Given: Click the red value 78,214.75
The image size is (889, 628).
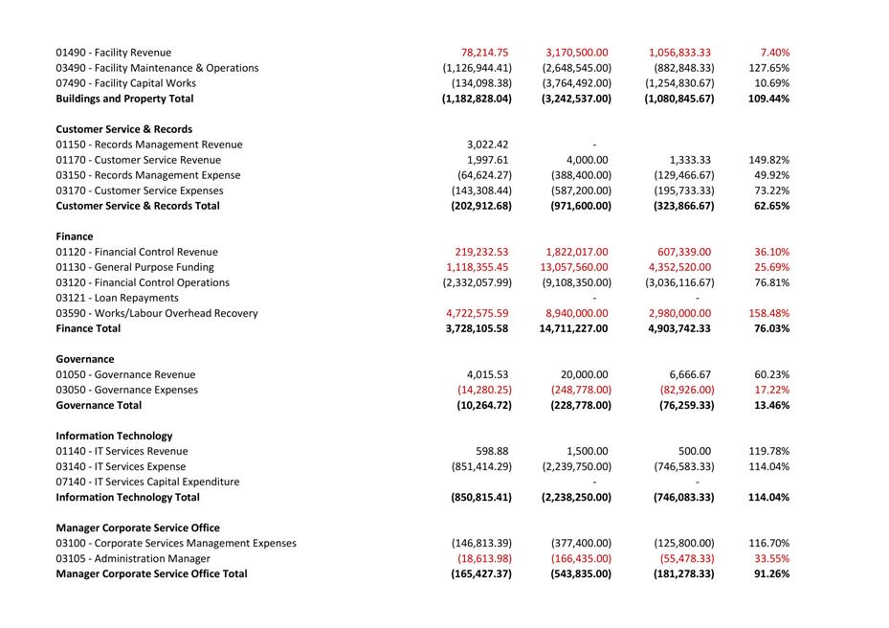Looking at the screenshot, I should click(x=484, y=53).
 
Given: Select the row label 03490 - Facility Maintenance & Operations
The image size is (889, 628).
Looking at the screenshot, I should click(x=157, y=68).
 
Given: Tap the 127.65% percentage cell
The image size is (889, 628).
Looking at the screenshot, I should click(x=768, y=68).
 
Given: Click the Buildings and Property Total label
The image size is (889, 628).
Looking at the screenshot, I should click(x=124, y=99).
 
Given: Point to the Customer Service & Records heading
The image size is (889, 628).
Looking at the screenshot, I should click(x=124, y=129).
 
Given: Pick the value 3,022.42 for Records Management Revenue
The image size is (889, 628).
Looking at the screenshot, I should click(x=487, y=145).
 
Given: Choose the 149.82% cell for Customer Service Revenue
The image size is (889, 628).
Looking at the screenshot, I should click(x=768, y=160).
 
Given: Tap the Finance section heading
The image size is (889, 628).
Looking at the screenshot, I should click(x=75, y=236).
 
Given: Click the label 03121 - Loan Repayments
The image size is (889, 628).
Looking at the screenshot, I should click(x=117, y=298).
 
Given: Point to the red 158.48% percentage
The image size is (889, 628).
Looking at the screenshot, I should click(x=768, y=313).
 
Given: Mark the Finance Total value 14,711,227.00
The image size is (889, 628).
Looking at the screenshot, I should click(x=573, y=328).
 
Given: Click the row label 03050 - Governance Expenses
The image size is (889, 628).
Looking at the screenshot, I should click(x=126, y=390).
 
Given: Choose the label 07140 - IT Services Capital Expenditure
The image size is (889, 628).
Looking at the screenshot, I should click(x=147, y=482).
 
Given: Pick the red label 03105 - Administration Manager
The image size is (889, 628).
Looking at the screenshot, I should click(x=133, y=558).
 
